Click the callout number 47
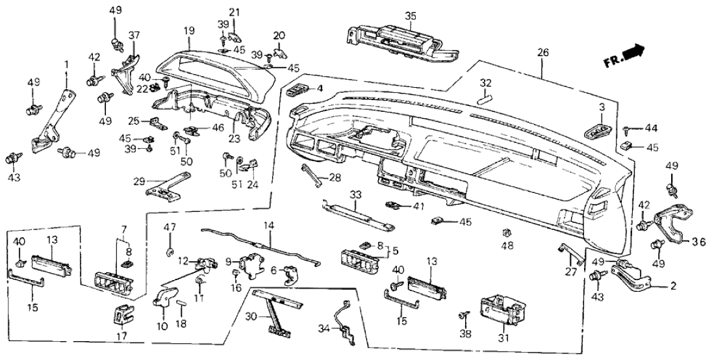pyautogui.click(x=170, y=227)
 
